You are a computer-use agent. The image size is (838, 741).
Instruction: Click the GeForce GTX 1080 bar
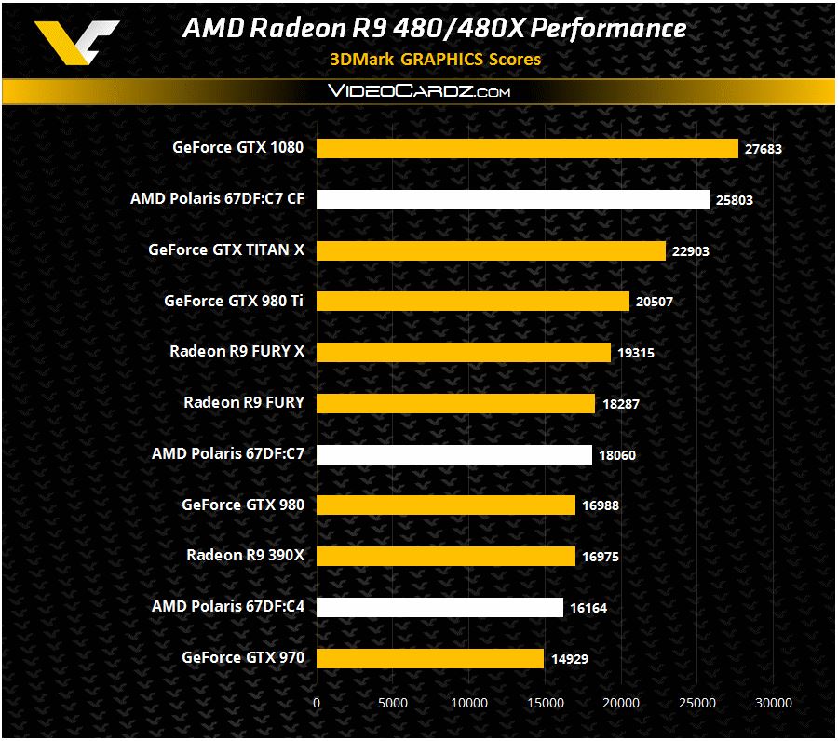(x=527, y=148)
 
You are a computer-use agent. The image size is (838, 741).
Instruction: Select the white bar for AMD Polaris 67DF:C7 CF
(x=513, y=199)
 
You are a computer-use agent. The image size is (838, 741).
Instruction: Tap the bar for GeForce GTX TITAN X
(x=491, y=250)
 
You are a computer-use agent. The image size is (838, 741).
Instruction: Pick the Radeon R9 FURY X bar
(x=464, y=352)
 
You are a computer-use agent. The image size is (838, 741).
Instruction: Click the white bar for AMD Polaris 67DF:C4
(x=439, y=607)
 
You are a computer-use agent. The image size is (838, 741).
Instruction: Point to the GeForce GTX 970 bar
(x=430, y=658)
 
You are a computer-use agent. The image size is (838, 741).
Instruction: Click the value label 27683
(x=762, y=149)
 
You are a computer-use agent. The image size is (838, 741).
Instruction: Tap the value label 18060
(x=615, y=455)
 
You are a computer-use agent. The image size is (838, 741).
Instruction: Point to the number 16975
(x=599, y=557)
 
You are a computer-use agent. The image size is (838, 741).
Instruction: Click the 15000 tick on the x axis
(x=545, y=702)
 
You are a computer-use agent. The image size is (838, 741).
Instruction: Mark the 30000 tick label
(x=773, y=702)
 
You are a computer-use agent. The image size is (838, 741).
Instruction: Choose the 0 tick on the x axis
(x=317, y=702)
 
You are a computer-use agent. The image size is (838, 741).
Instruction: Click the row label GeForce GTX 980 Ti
(x=234, y=301)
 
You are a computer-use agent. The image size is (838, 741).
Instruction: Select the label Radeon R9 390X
(x=246, y=556)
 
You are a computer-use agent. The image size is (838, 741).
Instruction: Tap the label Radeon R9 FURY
(x=244, y=402)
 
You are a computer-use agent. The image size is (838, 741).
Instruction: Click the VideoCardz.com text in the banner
(x=418, y=92)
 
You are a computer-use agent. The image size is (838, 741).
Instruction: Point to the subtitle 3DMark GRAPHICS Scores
(x=435, y=59)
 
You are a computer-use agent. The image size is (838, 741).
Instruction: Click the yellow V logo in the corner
(x=77, y=42)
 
